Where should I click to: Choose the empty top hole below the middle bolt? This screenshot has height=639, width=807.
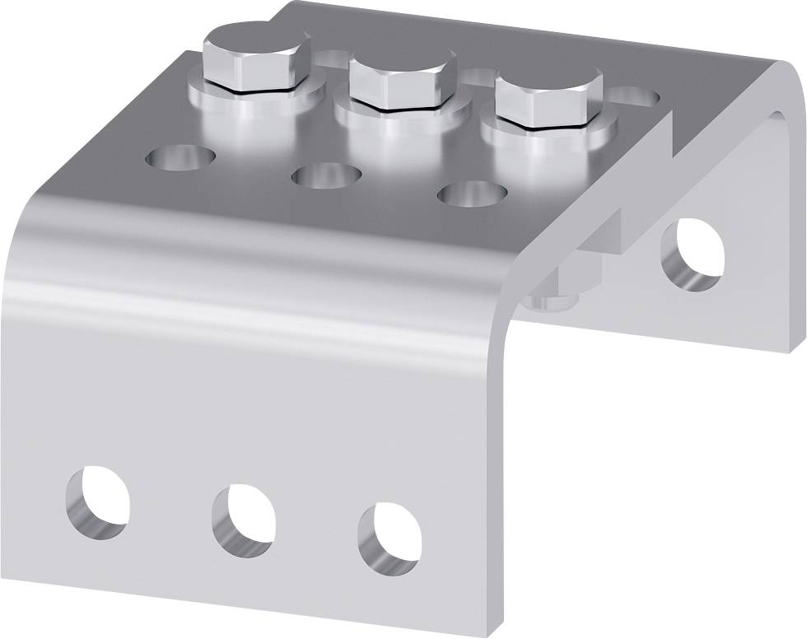(327, 175)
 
